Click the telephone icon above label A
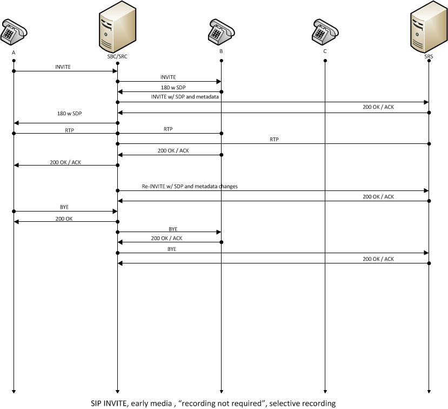click(14, 31)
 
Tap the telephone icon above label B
click(221, 31)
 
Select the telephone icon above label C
click(325, 31)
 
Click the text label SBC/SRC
click(117, 56)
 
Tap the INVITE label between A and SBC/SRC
click(63, 67)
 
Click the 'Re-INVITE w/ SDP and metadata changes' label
click(190, 186)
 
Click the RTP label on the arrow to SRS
click(273, 140)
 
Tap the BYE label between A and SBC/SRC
click(64, 207)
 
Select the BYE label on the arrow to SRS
click(172, 249)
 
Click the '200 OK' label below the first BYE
click(64, 218)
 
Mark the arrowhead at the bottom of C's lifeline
click(325, 391)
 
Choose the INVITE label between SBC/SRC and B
click(168, 77)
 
